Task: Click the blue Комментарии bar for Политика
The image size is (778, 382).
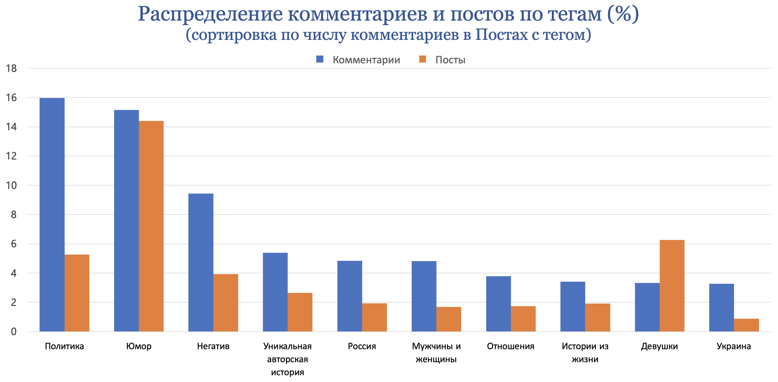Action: tap(52, 215)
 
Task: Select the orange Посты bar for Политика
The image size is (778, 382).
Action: tap(77, 293)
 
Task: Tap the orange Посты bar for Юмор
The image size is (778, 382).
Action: tap(151, 226)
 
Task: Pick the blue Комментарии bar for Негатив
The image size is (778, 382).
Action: tap(201, 263)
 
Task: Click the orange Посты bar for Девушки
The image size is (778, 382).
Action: tap(672, 286)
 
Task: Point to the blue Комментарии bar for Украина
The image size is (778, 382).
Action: tap(721, 308)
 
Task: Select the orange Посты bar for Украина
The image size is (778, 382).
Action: tap(746, 325)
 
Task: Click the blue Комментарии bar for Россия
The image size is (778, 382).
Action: tap(349, 296)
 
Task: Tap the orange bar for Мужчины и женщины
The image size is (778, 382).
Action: tap(449, 319)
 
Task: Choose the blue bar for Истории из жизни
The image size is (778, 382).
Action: tap(573, 306)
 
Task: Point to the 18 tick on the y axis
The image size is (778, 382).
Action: tap(11, 69)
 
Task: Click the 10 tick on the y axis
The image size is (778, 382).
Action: tap(11, 185)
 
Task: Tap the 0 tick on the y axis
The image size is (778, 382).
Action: tap(14, 332)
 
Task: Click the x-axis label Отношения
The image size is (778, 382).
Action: tap(511, 346)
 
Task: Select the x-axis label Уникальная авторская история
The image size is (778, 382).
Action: tap(288, 359)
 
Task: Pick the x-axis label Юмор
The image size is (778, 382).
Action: tap(139, 346)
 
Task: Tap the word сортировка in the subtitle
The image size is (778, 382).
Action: tap(234, 35)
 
